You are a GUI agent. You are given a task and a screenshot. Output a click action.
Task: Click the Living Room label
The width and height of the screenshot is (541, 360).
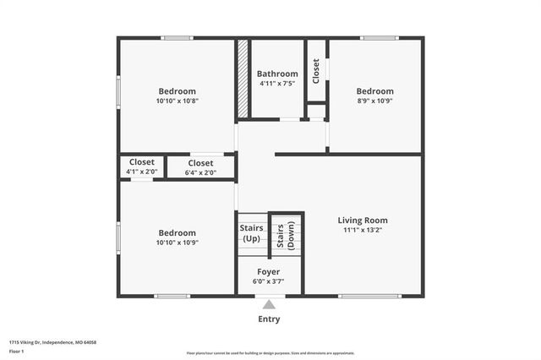(x=363, y=221)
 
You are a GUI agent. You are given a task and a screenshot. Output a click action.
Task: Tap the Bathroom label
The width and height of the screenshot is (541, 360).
(x=277, y=74)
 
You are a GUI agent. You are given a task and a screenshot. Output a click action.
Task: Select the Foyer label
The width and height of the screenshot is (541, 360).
(x=268, y=271)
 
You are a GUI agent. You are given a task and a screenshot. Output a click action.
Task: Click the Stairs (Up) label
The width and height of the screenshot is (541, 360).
(x=252, y=233)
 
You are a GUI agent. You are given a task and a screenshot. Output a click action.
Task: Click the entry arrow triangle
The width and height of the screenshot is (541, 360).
(x=269, y=304)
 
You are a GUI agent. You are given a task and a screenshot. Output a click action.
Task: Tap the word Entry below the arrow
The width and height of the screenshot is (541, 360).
(x=269, y=319)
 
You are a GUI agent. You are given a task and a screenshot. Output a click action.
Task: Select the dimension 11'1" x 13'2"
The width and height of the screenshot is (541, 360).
(x=363, y=230)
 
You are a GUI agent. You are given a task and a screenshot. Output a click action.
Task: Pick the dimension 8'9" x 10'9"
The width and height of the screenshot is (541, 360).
(x=374, y=101)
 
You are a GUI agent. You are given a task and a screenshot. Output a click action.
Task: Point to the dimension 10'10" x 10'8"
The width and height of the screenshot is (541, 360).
(x=177, y=101)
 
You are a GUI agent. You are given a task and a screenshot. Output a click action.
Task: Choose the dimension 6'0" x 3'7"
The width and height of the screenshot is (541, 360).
(x=268, y=281)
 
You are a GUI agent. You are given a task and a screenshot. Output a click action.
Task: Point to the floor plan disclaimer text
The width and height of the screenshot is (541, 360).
(x=270, y=352)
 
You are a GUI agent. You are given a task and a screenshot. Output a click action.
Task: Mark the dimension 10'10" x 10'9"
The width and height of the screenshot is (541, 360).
(x=177, y=243)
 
